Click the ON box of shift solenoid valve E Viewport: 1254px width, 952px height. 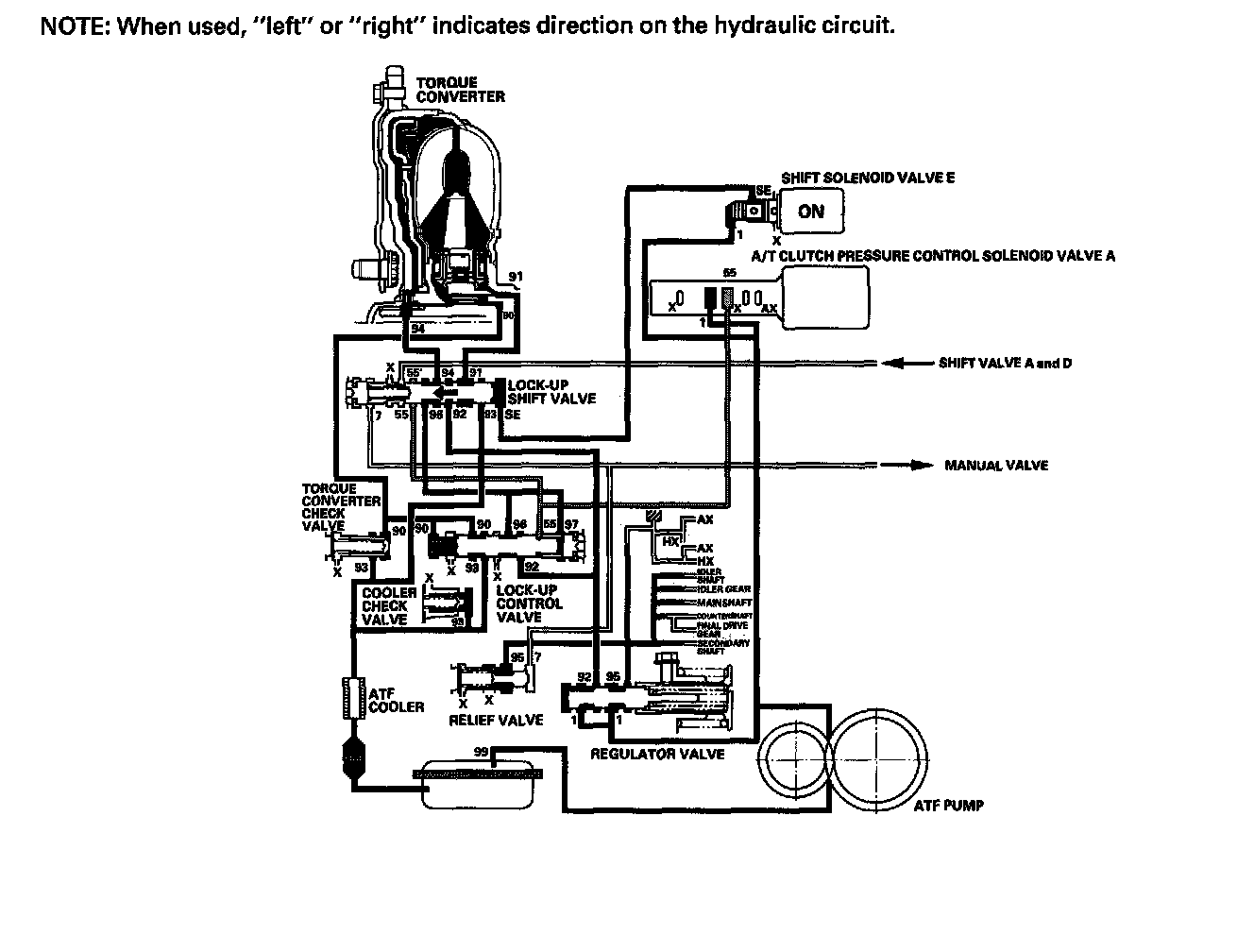(x=809, y=212)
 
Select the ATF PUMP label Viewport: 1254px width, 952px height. (x=948, y=806)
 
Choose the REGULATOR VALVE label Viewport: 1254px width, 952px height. (x=657, y=755)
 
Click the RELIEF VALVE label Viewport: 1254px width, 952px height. (x=498, y=720)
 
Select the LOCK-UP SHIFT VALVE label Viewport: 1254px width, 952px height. (x=551, y=392)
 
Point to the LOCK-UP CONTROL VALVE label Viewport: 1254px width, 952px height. (x=528, y=603)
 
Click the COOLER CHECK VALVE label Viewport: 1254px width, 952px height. (x=385, y=605)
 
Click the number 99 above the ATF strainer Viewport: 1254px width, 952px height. (x=481, y=751)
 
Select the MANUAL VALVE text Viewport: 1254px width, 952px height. (x=995, y=466)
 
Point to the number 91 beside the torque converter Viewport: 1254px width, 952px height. (x=515, y=277)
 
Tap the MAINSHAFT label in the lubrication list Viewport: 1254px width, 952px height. (x=723, y=602)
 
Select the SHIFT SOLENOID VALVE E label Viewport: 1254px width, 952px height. (x=867, y=178)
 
